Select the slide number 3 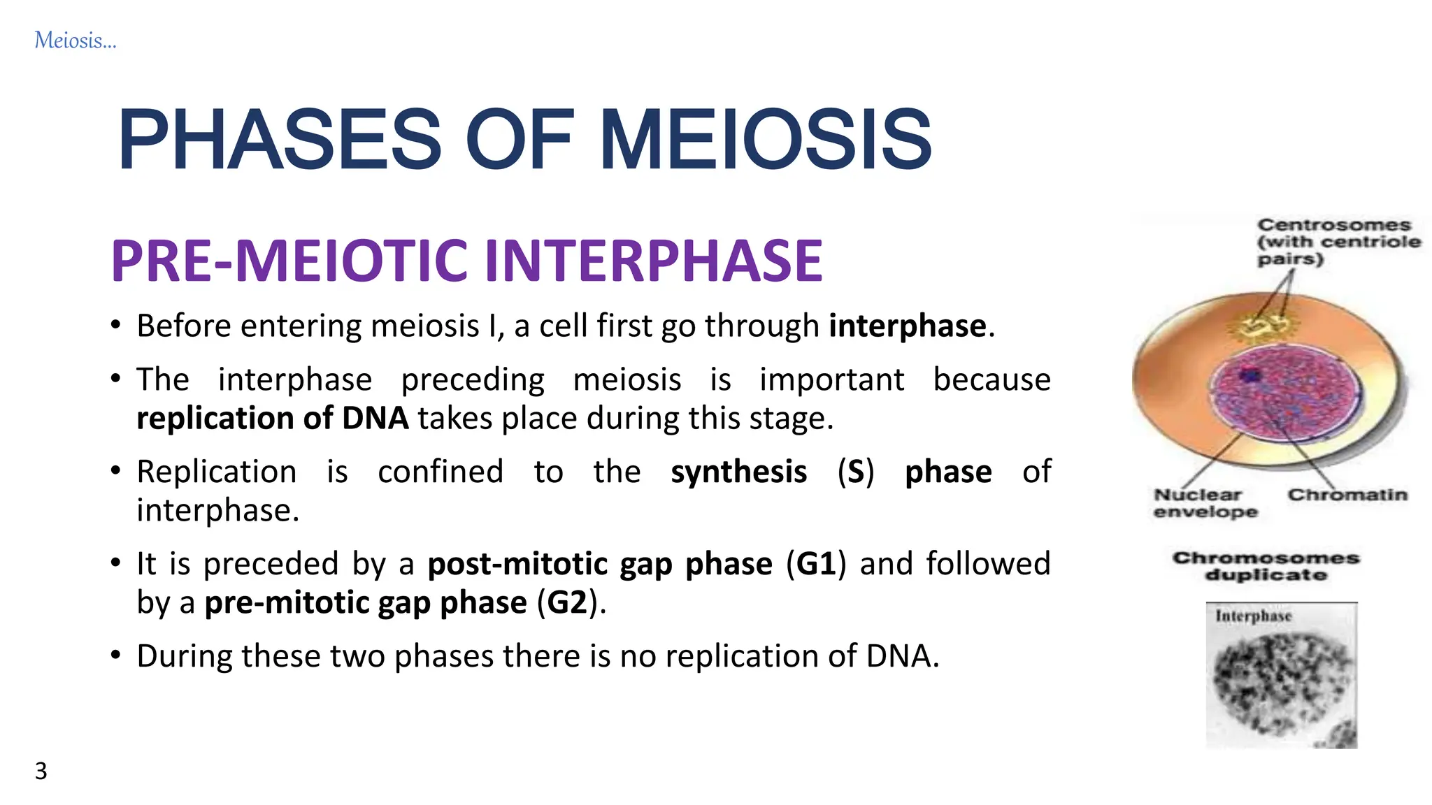(x=41, y=771)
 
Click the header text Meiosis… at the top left (x=75, y=41)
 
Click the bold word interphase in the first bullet (x=908, y=326)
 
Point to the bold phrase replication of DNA (x=272, y=419)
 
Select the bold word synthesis (x=738, y=472)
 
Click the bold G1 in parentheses (x=816, y=564)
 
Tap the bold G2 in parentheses (x=567, y=603)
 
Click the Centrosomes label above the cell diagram (x=1333, y=226)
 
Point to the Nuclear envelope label (x=1204, y=503)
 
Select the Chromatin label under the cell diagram (x=1347, y=495)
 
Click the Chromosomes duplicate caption (x=1266, y=567)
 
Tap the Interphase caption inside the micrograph (x=1253, y=616)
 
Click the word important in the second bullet (x=831, y=380)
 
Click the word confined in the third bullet (x=441, y=472)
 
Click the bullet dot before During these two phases (x=116, y=655)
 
